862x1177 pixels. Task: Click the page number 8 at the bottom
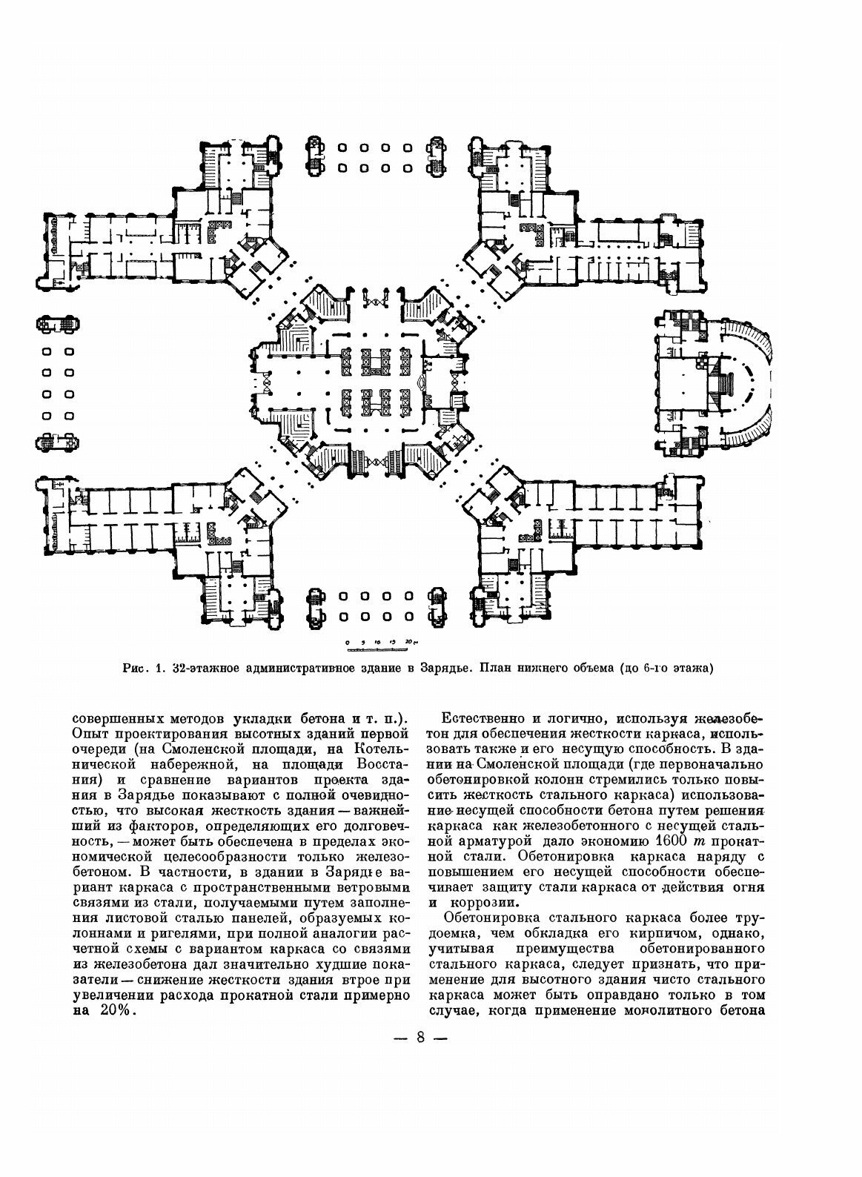[420, 1037]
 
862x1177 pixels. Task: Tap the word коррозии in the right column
[478, 903]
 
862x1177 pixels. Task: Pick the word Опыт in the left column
[90, 734]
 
